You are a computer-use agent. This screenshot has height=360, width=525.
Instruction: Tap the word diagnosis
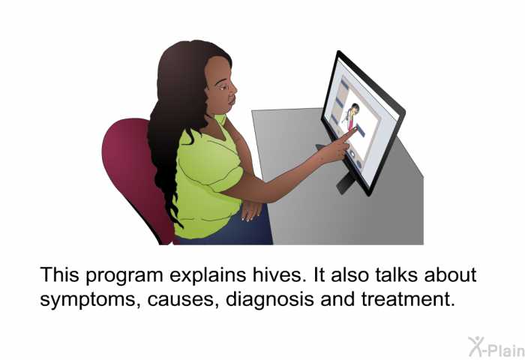[x=270, y=298]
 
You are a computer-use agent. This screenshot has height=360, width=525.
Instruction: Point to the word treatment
[x=408, y=298]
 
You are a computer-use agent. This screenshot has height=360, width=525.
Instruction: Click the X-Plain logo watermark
[x=496, y=346]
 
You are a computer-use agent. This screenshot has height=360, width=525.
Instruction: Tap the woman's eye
[x=222, y=88]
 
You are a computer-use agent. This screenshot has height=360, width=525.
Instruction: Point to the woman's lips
[x=232, y=100]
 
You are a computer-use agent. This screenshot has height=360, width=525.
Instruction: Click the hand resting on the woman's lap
[x=250, y=210]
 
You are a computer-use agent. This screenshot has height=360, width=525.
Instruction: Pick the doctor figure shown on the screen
[x=351, y=115]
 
